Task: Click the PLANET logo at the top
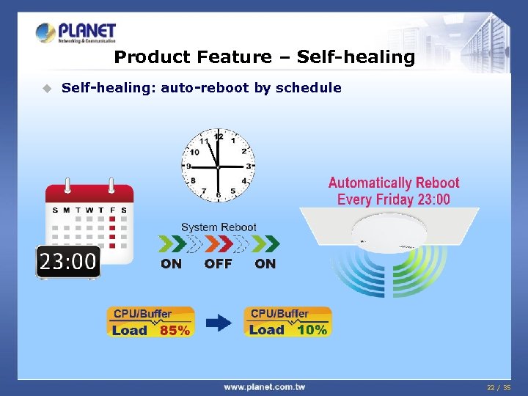76,32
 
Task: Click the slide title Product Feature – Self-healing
265,56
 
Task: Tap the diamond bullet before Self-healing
46,88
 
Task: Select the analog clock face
218,166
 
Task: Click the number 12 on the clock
218,137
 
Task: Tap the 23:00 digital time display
68,261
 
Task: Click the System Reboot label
219,227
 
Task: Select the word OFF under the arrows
218,264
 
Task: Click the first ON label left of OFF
171,264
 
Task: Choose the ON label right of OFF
265,264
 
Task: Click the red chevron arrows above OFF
219,243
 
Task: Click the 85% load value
175,331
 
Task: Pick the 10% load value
312,330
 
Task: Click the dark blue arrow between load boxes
219,322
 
